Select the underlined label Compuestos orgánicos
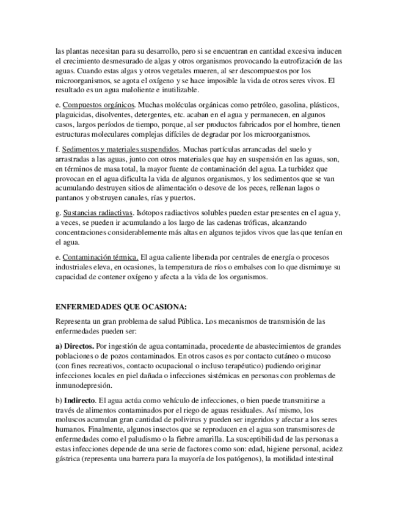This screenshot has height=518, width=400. point(98,105)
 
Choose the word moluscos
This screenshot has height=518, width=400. point(71,419)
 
